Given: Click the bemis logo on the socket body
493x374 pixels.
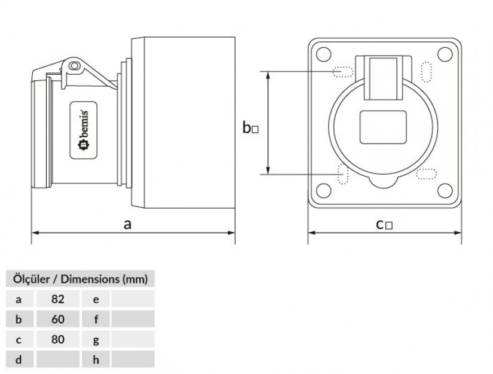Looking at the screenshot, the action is [x=83, y=130].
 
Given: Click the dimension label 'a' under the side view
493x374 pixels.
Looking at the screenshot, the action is [x=127, y=224].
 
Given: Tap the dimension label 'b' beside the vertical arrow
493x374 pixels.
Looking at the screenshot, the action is [x=247, y=127].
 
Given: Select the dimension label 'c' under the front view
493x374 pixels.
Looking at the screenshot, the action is [x=380, y=224].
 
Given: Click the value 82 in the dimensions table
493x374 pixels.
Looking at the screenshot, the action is [x=58, y=299].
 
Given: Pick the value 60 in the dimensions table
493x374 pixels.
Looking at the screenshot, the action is [x=58, y=319].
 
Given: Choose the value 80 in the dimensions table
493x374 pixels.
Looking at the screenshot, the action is [x=58, y=339].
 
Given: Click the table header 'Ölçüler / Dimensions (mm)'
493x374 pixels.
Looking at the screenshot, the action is [x=81, y=279].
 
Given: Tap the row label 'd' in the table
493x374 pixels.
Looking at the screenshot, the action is [x=19, y=360].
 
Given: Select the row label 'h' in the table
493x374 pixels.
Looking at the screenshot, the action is [x=96, y=360].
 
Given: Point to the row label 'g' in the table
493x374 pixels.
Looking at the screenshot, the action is [x=96, y=340].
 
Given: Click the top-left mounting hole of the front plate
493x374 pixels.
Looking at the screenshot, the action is [x=323, y=54].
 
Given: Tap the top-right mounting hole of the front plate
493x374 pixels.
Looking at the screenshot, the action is [x=445, y=54].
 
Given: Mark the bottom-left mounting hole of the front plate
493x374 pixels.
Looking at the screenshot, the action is [x=323, y=190].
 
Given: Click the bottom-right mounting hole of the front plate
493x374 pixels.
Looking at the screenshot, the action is [x=445, y=190].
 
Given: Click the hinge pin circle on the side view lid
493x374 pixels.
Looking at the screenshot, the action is [x=75, y=65].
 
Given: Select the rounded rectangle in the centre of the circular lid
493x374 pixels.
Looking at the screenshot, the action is [x=383, y=127].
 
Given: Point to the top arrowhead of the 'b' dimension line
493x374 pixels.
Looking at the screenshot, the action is [x=268, y=75].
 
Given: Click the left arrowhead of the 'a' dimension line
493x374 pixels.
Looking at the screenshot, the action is [x=35, y=233].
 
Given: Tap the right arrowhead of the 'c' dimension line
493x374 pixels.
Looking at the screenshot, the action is [x=458, y=233].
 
